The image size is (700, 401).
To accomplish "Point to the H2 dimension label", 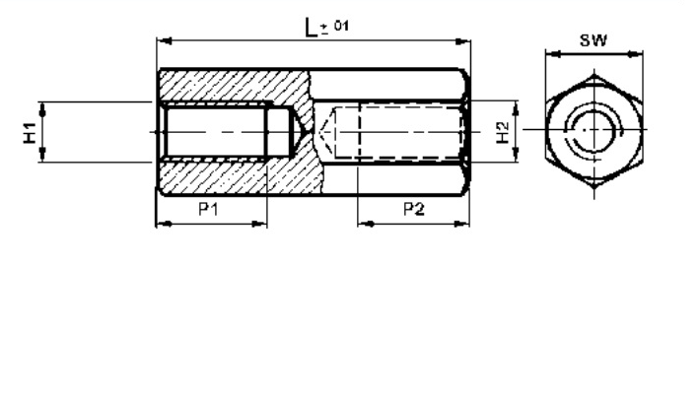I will coord(503,132).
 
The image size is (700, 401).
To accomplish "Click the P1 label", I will coord(208,211).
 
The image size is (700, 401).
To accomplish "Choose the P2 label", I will coord(414,211).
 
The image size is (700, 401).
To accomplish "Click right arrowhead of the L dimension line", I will coord(464,40).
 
